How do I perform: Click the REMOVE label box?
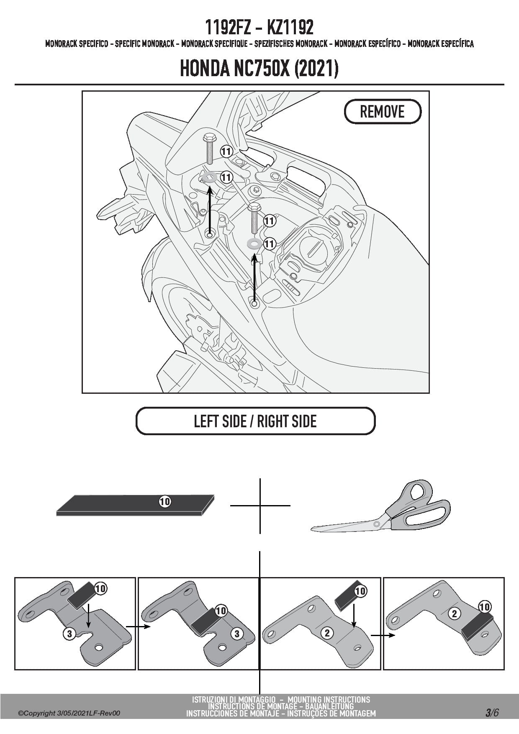[x=382, y=112]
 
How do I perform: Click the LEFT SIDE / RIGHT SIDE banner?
[x=255, y=421]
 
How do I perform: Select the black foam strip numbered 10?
[x=135, y=506]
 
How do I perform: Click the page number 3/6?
[x=492, y=713]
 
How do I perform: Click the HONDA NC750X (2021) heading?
[x=259, y=69]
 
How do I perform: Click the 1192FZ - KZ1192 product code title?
[x=259, y=28]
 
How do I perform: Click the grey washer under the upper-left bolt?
[x=208, y=178]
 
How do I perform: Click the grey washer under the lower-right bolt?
[x=254, y=243]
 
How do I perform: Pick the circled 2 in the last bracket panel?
[x=455, y=614]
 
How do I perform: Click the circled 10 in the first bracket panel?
[x=100, y=589]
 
